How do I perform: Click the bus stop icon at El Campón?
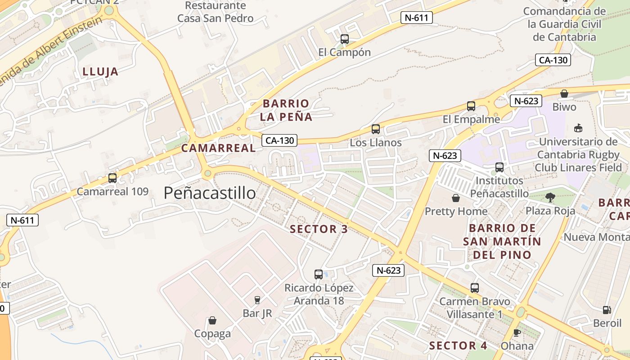[x=344, y=39]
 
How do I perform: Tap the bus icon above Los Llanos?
[x=376, y=129]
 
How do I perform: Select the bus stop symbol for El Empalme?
[x=471, y=106]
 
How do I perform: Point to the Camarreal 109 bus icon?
[x=112, y=178]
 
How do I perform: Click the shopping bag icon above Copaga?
[x=212, y=320]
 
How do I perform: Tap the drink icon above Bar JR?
[x=257, y=300]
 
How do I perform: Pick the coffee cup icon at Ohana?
[x=517, y=333]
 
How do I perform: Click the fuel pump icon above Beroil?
[x=607, y=310]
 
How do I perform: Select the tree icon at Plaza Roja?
[x=550, y=197]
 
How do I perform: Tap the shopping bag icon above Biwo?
[x=564, y=94]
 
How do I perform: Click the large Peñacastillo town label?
[x=210, y=193]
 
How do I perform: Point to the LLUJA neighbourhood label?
[x=100, y=72]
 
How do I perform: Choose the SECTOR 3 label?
[x=319, y=229]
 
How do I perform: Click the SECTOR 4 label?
[x=458, y=346]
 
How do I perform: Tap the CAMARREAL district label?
[x=218, y=148]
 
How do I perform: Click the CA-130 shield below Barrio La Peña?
[x=279, y=140]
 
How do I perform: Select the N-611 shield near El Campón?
[x=417, y=18]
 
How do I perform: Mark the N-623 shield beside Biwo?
[x=526, y=101]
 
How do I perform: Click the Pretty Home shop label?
[x=456, y=211]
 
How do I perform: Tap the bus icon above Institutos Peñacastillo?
[x=499, y=167]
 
